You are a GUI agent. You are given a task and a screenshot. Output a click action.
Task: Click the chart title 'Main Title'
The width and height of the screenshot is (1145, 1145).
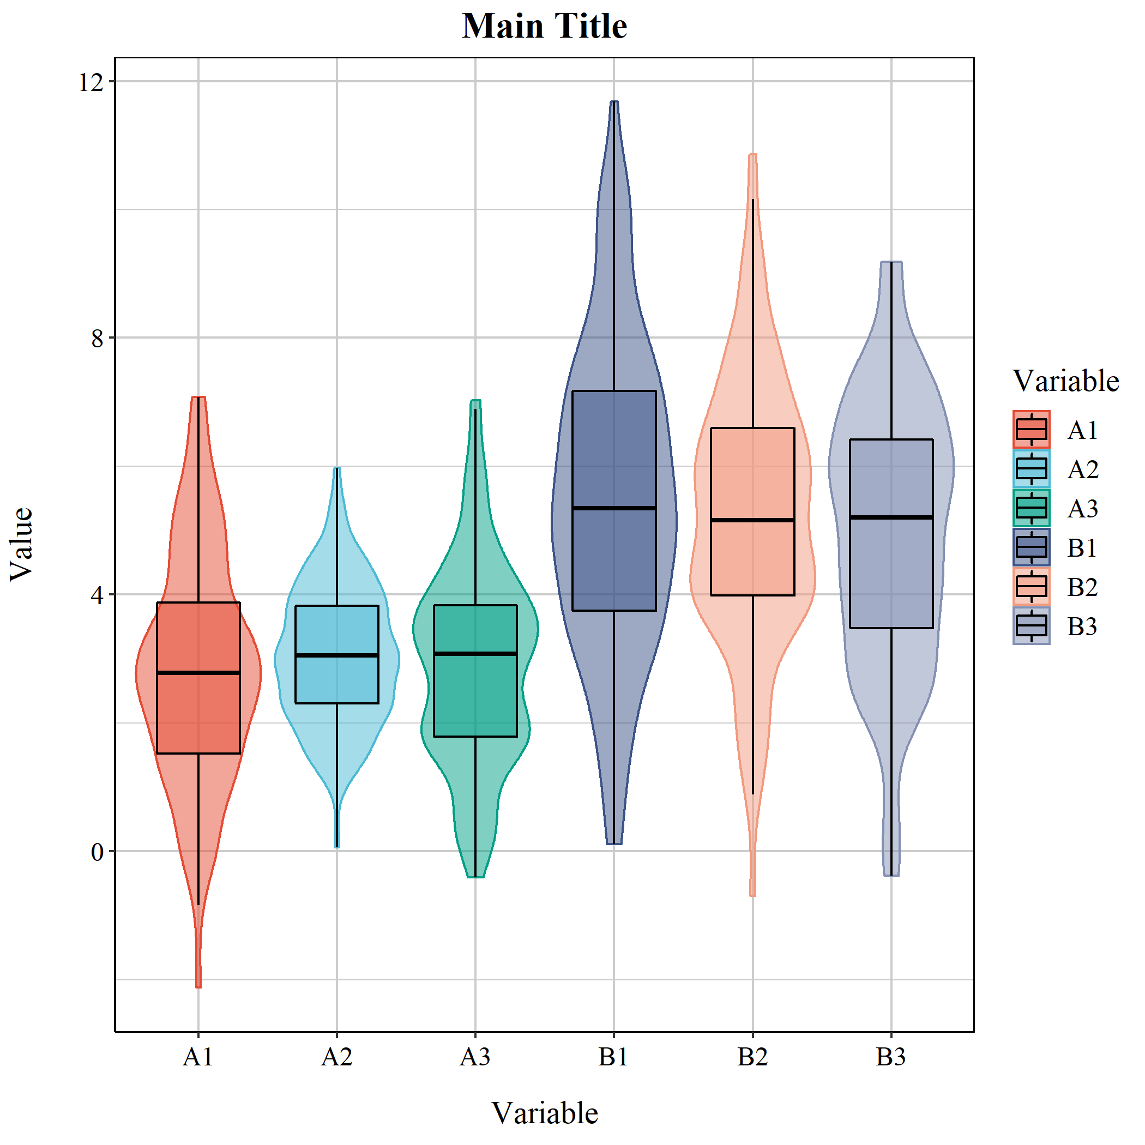point(544,27)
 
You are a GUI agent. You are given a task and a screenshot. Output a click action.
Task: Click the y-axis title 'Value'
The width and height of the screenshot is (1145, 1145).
point(22,544)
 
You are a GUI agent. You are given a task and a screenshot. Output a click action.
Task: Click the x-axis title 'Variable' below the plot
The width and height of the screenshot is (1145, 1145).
point(544,1112)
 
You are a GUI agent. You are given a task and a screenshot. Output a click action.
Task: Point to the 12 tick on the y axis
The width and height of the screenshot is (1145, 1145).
point(91,82)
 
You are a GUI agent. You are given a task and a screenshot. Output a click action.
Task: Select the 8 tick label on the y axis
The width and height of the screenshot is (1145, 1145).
point(97,339)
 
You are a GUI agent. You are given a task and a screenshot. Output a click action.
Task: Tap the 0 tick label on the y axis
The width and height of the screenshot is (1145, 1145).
point(97,852)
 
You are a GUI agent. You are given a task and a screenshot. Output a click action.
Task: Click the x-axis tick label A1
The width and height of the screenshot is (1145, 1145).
point(198,1057)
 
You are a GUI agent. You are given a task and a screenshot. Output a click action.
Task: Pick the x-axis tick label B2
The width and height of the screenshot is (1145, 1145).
point(752,1057)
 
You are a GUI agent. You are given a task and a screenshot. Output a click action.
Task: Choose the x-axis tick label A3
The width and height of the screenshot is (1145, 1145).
point(475,1057)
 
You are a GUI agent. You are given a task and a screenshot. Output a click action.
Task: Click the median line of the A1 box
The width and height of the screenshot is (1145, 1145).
point(198,673)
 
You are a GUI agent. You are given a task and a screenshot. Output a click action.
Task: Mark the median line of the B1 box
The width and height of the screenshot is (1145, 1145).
point(614,508)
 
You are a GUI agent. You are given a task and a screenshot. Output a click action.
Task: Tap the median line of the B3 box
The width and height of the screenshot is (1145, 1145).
point(891,517)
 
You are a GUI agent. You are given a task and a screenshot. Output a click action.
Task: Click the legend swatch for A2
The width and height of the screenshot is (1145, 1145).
point(1031,469)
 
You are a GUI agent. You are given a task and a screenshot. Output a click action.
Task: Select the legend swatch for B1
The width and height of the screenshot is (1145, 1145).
point(1031,547)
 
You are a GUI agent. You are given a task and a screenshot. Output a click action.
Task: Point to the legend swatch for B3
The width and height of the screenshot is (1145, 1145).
point(1031,626)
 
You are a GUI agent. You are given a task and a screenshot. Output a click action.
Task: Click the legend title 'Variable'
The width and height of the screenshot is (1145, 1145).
point(1065,381)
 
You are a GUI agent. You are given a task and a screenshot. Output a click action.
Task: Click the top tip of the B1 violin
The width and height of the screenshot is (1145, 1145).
point(614,103)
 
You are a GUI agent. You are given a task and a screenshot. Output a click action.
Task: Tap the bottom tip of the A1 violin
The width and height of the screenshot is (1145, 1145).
point(198,986)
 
